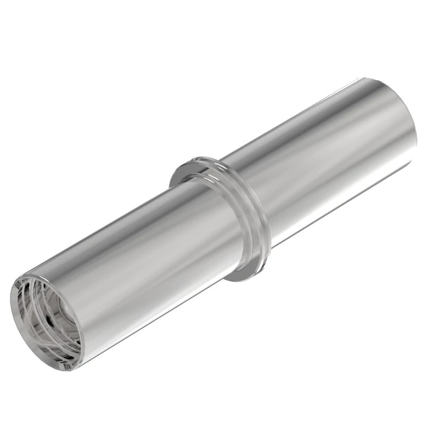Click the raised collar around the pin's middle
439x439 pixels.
pyautogui.click(x=219, y=219)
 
